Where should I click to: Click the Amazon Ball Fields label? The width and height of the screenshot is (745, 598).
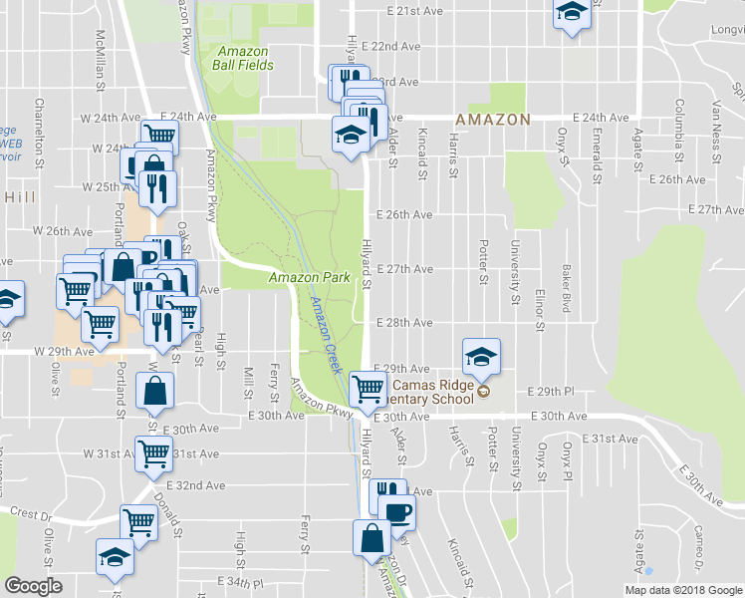(242, 57)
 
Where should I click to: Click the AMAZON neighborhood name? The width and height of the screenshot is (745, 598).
(492, 119)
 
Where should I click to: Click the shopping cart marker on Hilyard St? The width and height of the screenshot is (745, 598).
(368, 388)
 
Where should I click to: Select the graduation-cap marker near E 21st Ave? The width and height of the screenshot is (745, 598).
(572, 13)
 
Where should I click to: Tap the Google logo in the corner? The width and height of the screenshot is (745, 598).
(33, 586)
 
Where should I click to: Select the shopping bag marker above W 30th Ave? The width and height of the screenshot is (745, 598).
(159, 391)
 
